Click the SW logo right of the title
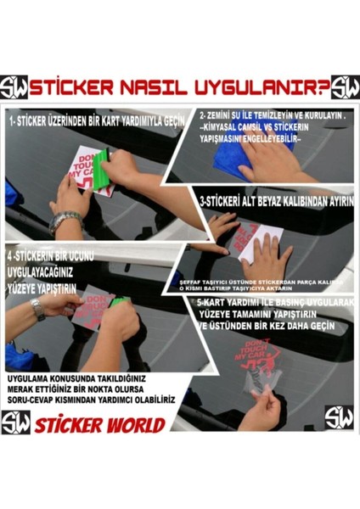[x=345, y=87]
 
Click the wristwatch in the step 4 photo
[x=39, y=308]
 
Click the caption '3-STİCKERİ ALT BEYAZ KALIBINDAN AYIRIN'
[x=275, y=204]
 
